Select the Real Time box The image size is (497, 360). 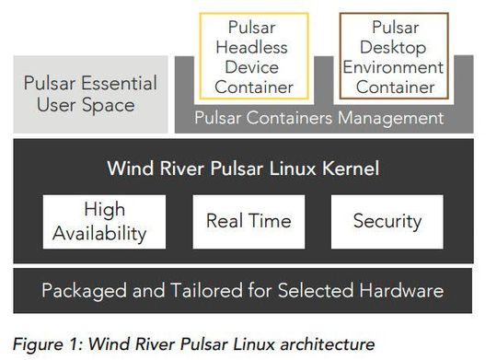tap(248, 221)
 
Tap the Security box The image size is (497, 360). tap(387, 221)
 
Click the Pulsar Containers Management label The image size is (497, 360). tap(319, 118)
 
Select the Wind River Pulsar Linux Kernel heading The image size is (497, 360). tap(243, 168)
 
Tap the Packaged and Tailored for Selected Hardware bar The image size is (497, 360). tap(243, 291)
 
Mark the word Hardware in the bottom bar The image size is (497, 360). tap(399, 291)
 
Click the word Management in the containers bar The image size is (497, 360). tap(392, 118)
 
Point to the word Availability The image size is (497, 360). tap(98, 232)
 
